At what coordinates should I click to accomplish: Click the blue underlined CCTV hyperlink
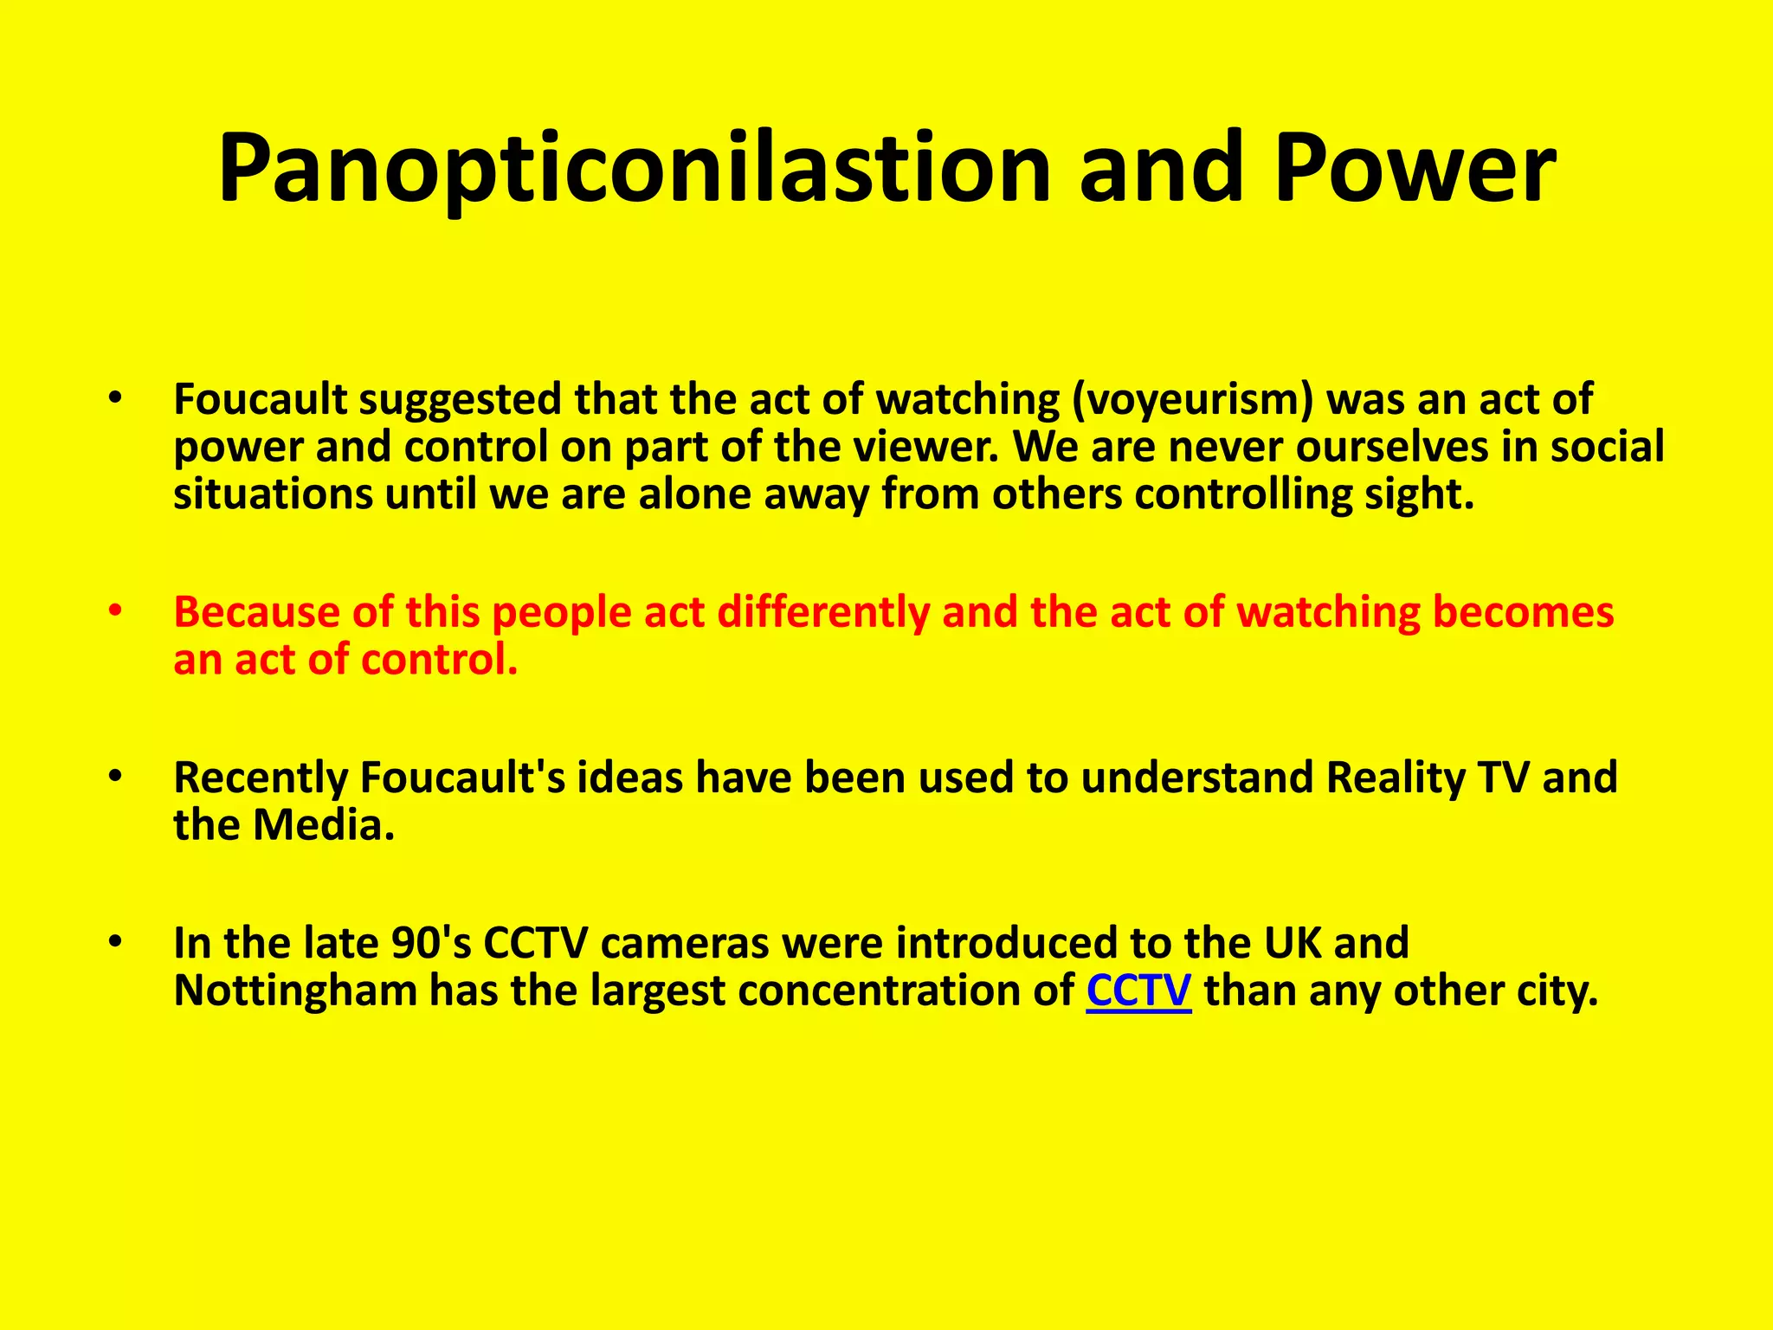[1138, 991]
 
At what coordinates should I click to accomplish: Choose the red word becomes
[1523, 611]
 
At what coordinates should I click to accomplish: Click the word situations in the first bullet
[272, 494]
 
